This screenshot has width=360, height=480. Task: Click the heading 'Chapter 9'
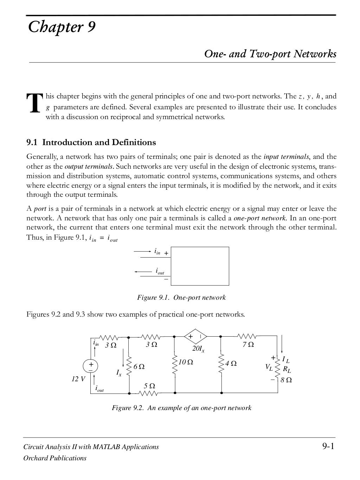(62, 27)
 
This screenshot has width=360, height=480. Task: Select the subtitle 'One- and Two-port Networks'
(270, 54)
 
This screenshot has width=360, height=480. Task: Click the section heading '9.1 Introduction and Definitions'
(91, 142)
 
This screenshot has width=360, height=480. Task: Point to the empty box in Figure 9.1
(200, 266)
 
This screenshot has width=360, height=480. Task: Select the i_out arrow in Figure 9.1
(143, 272)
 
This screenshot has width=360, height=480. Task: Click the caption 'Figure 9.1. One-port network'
(181, 298)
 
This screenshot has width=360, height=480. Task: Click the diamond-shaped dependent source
(196, 337)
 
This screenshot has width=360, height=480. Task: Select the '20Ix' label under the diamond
(198, 349)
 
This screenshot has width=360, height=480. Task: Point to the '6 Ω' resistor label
(139, 367)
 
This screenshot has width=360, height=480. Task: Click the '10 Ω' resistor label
(186, 362)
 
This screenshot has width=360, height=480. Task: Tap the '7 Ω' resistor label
(248, 345)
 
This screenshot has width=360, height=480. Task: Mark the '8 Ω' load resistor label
(287, 380)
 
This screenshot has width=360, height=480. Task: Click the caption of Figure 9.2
(181, 408)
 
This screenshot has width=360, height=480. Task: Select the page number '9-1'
(328, 447)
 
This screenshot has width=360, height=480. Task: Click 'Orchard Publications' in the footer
(54, 458)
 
